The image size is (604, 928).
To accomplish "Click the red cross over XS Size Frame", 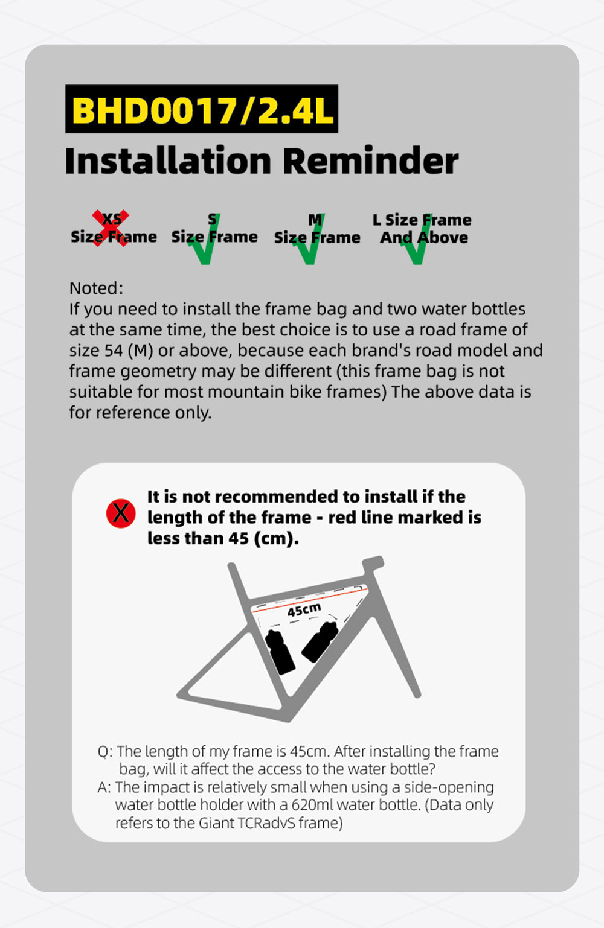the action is (111, 228).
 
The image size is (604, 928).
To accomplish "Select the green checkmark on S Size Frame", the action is (204, 239).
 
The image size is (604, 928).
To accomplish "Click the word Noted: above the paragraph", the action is (96, 288).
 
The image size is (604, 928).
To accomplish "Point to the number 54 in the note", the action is (114, 351).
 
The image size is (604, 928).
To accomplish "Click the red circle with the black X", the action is (121, 513).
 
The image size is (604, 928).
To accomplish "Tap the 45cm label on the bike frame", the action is (304, 610).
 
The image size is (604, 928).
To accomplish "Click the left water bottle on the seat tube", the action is (280, 652).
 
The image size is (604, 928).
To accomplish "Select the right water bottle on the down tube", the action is (320, 642).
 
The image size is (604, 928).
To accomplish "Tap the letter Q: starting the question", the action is (105, 752).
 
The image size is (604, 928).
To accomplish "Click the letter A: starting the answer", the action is (104, 787).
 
